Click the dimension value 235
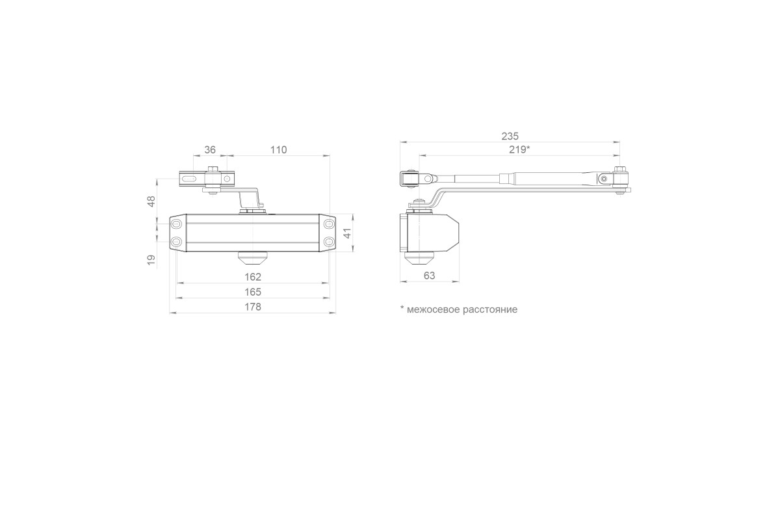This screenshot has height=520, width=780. [x=510, y=136]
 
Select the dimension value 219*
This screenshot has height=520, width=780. [x=519, y=149]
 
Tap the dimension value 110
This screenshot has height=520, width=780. [x=279, y=149]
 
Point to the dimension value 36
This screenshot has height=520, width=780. [x=210, y=149]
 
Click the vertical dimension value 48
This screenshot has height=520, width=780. [x=151, y=201]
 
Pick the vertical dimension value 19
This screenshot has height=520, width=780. [x=151, y=260]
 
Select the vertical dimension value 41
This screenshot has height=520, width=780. [x=347, y=233]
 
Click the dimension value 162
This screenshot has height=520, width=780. [x=253, y=276]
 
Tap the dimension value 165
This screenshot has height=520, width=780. [x=253, y=291]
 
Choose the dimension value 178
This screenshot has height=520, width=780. [x=253, y=307]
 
